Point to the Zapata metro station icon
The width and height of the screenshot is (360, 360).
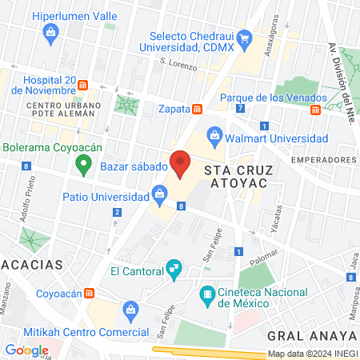click(197, 108)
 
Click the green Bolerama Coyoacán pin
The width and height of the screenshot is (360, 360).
click(81, 165)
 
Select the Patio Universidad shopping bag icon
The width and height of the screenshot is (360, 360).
click(159, 193)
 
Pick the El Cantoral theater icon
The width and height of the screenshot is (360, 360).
click(172, 270)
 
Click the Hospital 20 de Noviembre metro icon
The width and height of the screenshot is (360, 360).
click(82, 86)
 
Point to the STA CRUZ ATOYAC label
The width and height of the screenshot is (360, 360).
click(234, 177)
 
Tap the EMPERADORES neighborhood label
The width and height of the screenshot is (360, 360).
click(322, 160)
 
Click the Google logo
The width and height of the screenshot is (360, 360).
click(27, 350)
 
